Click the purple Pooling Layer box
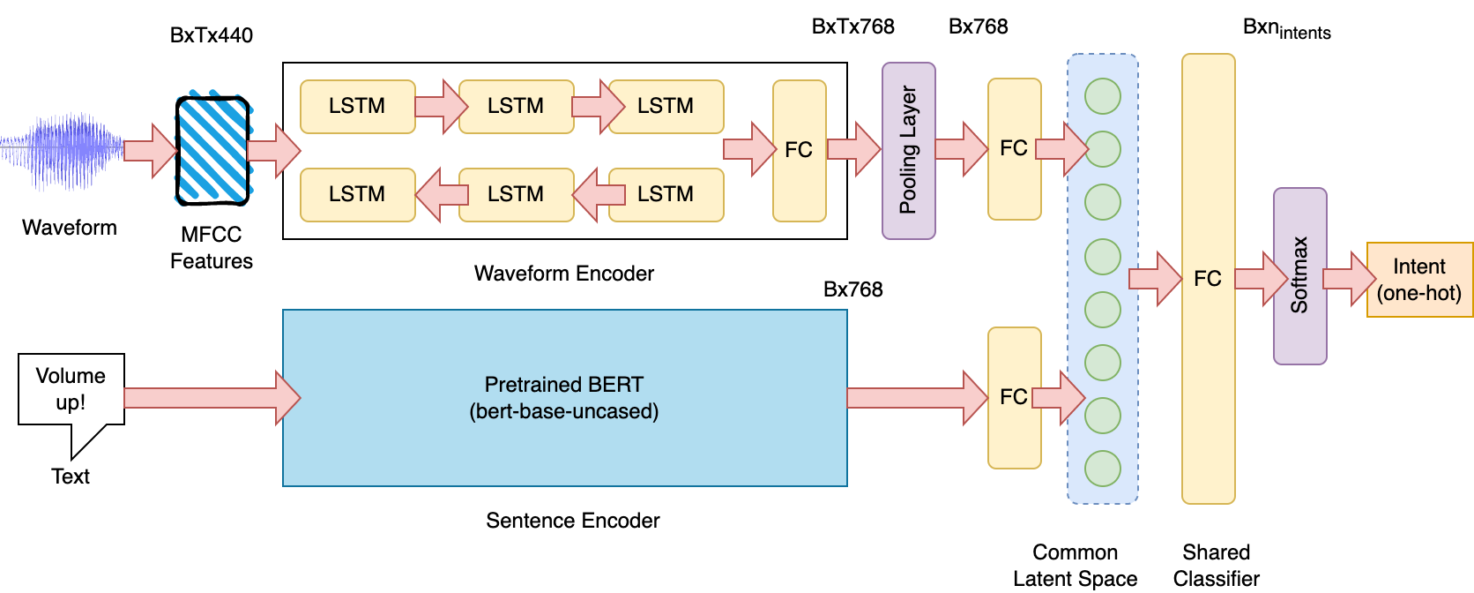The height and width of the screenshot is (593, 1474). click(908, 151)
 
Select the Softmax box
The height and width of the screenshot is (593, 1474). click(1299, 276)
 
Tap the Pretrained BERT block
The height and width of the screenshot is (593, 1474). click(564, 398)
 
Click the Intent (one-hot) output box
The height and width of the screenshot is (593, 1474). click(1419, 280)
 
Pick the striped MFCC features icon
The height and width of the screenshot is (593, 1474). click(212, 149)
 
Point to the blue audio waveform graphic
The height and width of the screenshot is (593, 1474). click(62, 152)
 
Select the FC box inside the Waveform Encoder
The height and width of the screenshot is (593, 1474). click(799, 151)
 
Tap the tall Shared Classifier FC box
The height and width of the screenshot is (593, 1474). click(1208, 279)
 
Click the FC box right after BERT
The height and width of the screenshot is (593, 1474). click(1014, 398)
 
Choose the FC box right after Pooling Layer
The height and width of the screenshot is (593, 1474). click(1014, 149)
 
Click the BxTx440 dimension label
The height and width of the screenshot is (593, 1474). click(212, 35)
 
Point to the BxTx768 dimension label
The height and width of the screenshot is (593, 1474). click(852, 26)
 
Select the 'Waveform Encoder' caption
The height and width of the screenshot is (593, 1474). click(564, 274)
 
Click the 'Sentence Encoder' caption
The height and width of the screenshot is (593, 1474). click(572, 521)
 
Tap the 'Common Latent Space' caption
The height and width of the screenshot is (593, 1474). click(1076, 566)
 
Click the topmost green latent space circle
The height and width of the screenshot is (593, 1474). click(1102, 96)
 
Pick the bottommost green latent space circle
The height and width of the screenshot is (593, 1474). click(1102, 469)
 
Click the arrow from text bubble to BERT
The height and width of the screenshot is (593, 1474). click(212, 398)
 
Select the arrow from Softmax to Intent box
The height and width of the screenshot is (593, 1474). click(1349, 279)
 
